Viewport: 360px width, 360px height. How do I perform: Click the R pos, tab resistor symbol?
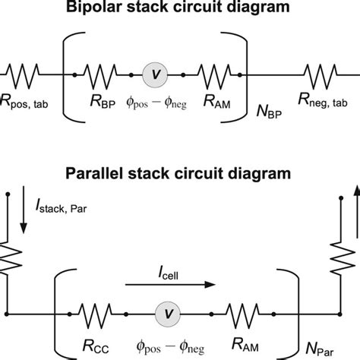23,76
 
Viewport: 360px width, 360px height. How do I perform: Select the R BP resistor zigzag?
100,76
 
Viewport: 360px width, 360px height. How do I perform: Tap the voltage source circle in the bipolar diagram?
155,75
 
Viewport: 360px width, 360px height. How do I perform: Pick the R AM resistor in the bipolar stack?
215,76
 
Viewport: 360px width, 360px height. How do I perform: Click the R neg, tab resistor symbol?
321,76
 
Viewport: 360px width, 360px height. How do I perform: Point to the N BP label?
269,112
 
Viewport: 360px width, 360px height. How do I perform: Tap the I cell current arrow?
170,285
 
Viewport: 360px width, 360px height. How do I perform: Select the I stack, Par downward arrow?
24,210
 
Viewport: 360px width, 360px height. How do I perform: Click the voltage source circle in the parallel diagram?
168,314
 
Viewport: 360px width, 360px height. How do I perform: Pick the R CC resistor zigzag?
95,315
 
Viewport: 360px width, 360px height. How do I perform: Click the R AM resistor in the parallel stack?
242,315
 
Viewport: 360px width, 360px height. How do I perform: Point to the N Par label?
320,349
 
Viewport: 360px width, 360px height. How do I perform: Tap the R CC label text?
96,346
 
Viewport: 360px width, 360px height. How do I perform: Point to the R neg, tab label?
323,100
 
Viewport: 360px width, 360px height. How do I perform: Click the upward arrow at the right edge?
357,212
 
